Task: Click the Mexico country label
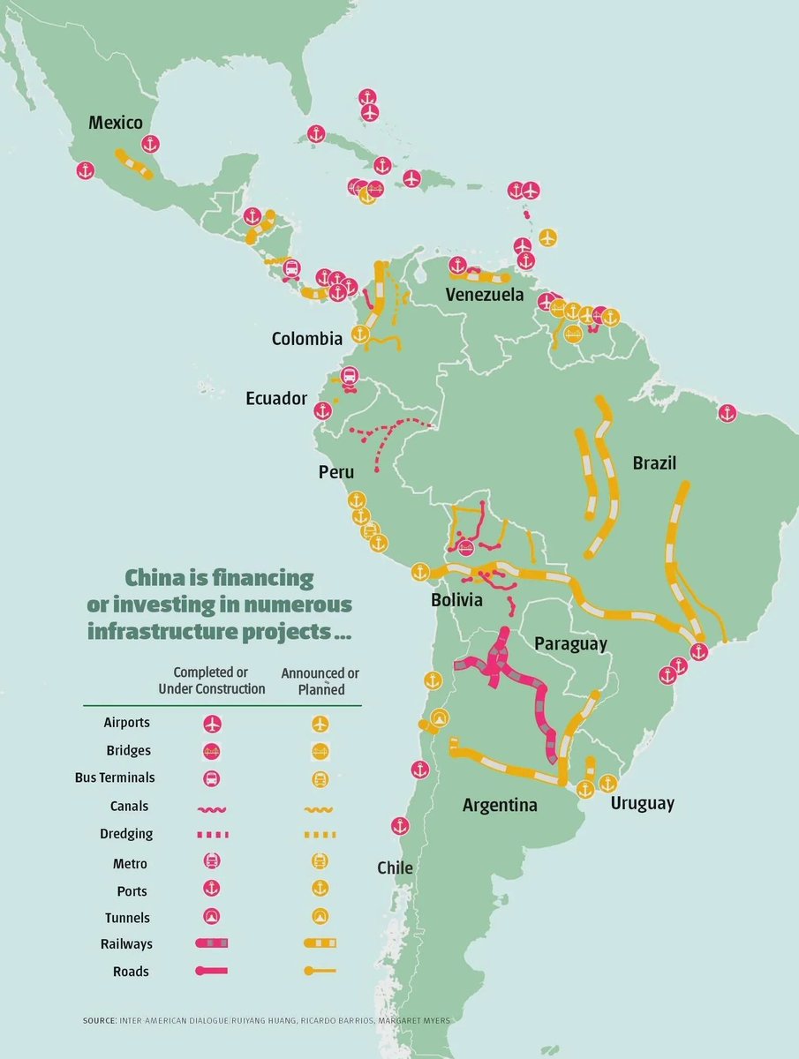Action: click(x=115, y=123)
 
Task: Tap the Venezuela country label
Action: click(x=484, y=294)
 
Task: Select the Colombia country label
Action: click(x=306, y=338)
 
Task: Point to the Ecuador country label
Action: click(x=276, y=398)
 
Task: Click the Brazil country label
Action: click(x=654, y=462)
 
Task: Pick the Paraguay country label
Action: click(x=570, y=643)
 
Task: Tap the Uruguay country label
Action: click(x=642, y=803)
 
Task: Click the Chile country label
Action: click(x=395, y=867)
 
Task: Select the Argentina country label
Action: click(x=500, y=805)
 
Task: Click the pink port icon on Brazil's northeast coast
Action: click(x=727, y=412)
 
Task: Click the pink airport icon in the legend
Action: click(x=212, y=724)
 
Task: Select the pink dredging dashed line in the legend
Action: click(x=212, y=835)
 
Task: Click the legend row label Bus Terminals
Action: click(x=115, y=777)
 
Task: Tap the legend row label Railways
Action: click(x=125, y=943)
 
